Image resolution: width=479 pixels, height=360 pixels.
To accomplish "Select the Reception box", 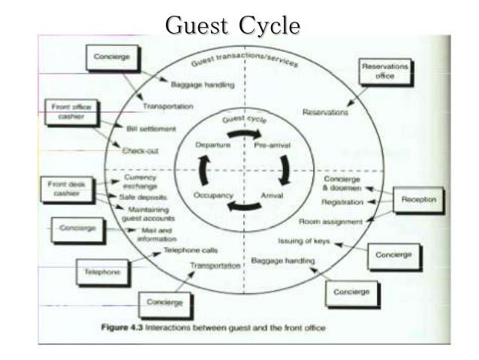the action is [x=418, y=201].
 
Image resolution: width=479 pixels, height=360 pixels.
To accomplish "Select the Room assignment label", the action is [x=330, y=222].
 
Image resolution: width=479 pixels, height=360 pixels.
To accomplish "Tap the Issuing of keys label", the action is [x=303, y=242].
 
